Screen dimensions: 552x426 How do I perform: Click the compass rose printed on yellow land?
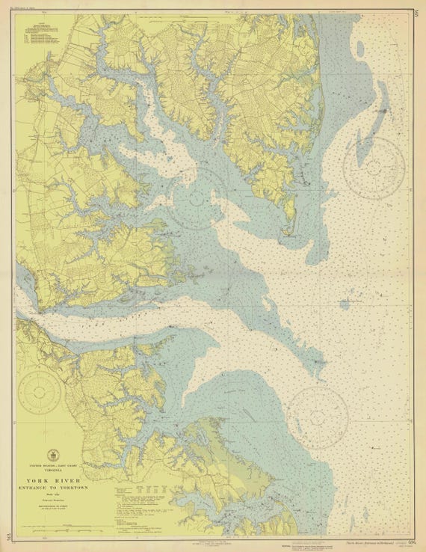coord(40,389)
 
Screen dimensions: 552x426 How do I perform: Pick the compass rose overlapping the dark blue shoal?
coord(374,167)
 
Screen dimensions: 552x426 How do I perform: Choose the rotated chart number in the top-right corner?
coord(415,11)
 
